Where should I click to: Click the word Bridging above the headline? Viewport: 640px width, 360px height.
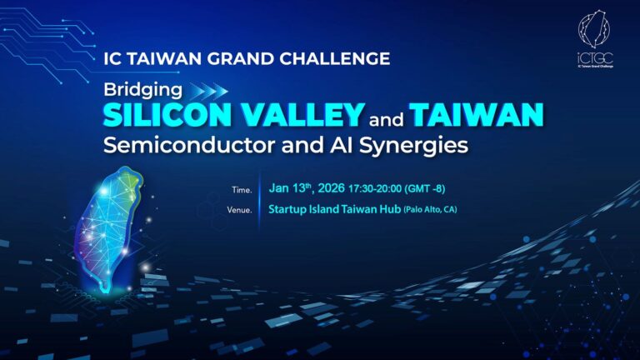(x=136, y=88)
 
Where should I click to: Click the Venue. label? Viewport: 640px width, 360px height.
(x=239, y=209)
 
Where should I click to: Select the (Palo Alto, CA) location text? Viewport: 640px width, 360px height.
(x=430, y=208)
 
